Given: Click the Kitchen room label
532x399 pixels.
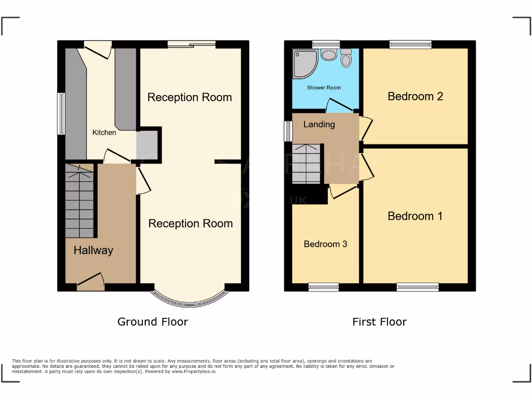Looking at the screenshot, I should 104,132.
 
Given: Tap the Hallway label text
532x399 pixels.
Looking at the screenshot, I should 93,250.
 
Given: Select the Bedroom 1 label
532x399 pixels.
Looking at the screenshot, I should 415,216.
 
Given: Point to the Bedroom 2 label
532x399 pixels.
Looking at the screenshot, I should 415,96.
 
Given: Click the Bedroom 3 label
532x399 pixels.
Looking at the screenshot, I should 325,244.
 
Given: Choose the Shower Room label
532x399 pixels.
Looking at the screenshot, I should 324,88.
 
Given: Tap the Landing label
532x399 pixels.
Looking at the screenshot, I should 319,124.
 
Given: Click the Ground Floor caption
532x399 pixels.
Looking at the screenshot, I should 152,322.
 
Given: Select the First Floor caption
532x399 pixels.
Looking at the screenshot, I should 379,322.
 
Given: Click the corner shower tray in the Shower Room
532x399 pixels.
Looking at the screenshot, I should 304,63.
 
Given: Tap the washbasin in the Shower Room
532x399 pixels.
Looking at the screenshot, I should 328,55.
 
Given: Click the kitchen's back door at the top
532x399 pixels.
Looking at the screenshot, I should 98,49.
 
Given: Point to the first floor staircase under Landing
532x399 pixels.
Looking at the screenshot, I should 306,164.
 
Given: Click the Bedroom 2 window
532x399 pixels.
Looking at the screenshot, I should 410,45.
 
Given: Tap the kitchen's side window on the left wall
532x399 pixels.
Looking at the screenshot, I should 61,113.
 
